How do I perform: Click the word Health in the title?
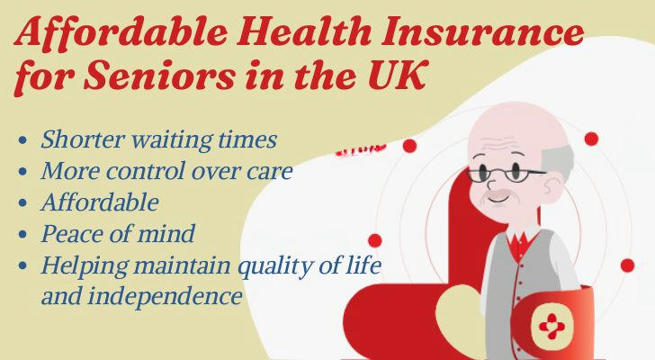click(304, 31)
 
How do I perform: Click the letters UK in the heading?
click(397, 76)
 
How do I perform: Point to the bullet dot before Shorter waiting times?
click(23, 139)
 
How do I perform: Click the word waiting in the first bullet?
click(172, 139)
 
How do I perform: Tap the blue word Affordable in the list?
click(100, 202)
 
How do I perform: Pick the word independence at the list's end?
click(165, 296)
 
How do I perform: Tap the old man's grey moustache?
click(497, 194)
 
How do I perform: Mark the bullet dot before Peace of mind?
click(23, 234)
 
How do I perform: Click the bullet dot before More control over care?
click(23, 171)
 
